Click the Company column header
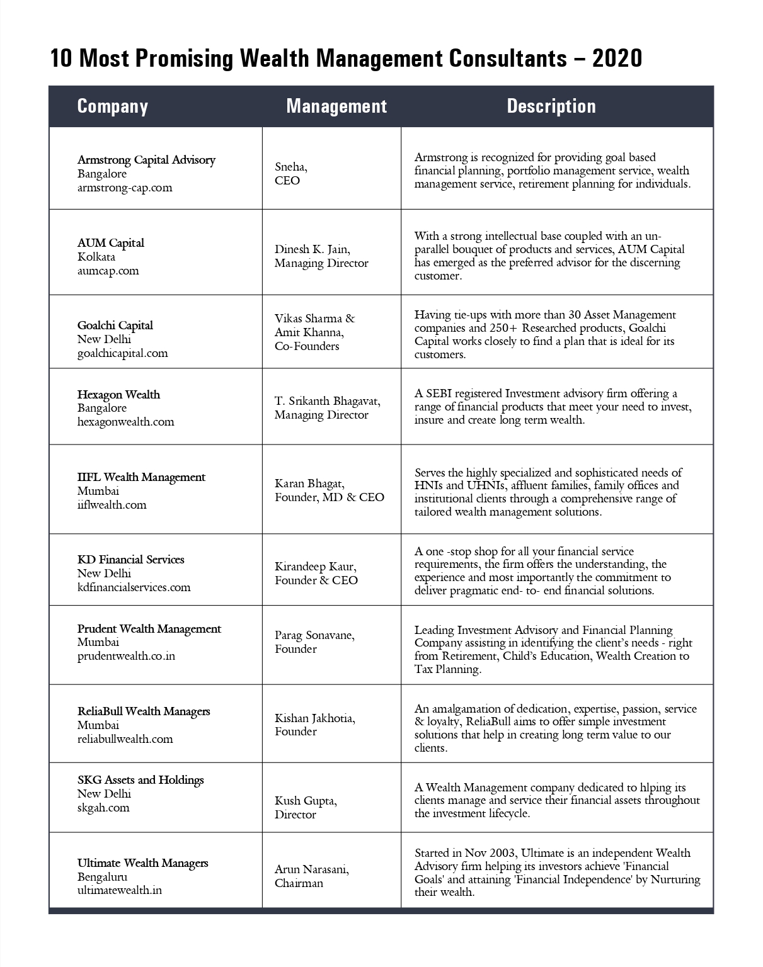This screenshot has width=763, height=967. coord(112,106)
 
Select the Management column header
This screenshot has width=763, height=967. coord(336,106)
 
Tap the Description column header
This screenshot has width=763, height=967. coord(551,106)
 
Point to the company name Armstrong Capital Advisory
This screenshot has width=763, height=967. coord(146,160)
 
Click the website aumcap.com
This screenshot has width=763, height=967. coord(108,271)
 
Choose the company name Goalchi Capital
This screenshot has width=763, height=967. coord(115,325)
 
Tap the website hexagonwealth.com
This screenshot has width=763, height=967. coord(126,422)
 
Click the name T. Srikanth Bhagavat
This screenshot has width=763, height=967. coord(327,401)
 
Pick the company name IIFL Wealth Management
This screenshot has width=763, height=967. coord(141,477)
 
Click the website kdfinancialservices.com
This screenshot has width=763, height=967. coord(134,587)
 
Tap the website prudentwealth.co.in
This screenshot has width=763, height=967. coord(126,656)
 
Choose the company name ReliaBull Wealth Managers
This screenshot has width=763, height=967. coord(144,711)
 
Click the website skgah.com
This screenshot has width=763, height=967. coord(103,808)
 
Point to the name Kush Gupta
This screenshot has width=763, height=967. coord(306,801)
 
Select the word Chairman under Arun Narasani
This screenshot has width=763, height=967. coord(299,883)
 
